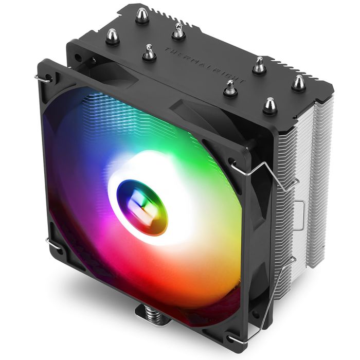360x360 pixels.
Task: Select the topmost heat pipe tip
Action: [142, 17]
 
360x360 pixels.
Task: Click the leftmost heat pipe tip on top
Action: [112, 36]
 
